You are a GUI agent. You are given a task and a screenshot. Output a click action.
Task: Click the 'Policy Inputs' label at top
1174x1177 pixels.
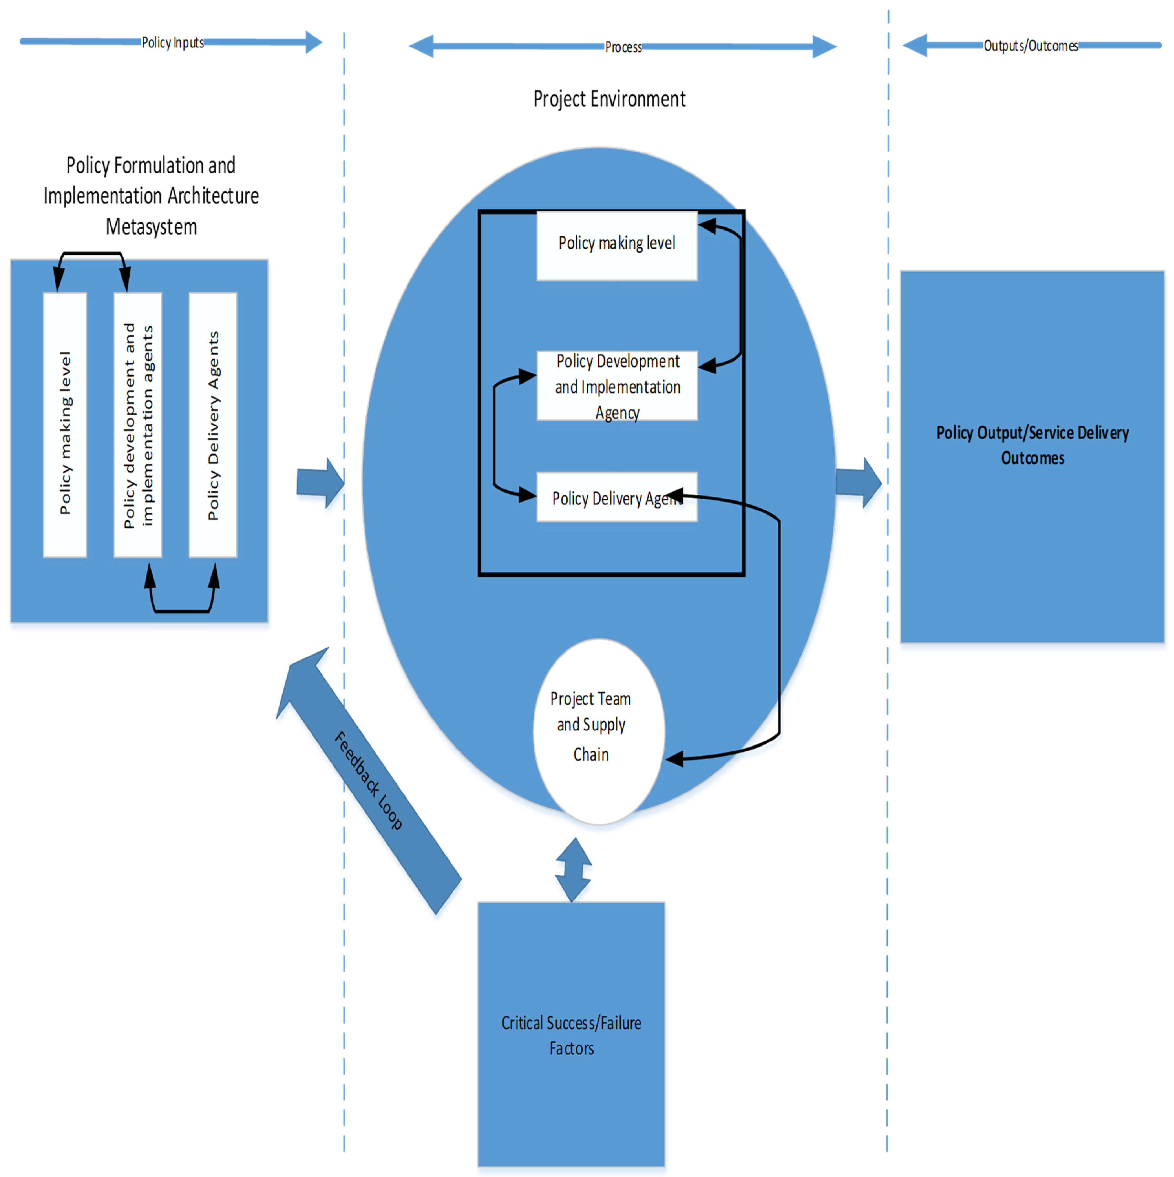pos(173,43)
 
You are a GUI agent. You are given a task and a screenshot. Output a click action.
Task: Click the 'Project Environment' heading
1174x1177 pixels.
pos(609,99)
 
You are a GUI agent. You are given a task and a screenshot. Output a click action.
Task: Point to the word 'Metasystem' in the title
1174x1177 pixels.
pos(151,226)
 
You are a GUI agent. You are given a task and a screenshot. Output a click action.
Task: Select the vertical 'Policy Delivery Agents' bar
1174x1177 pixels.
pos(213,425)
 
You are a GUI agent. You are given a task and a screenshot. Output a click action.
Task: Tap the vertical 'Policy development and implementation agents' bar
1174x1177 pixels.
pos(138,425)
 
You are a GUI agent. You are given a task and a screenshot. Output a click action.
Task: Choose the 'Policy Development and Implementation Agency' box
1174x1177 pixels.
pos(617,386)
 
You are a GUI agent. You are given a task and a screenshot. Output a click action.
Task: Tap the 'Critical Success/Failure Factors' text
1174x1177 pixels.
pos(571,1036)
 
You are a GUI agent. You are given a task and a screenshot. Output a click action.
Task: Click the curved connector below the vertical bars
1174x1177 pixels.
pos(182,610)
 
